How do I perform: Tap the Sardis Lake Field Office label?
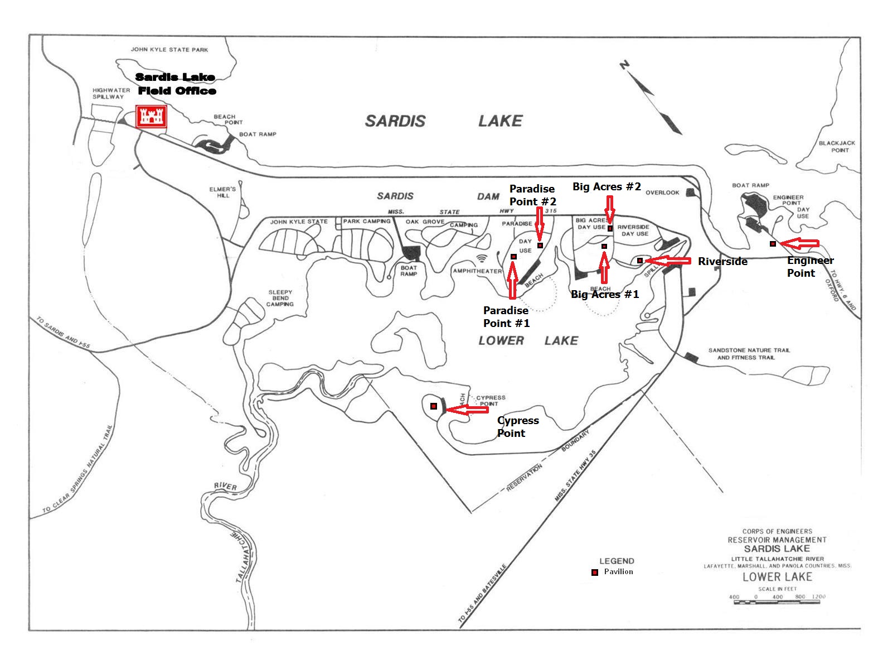tap(176, 84)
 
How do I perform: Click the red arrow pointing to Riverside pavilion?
tap(668, 261)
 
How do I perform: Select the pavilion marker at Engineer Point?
tap(773, 244)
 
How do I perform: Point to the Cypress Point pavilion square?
tap(434, 407)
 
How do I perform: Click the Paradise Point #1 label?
tap(506, 316)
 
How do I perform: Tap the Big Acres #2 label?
tap(607, 187)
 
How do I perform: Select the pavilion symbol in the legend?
tap(595, 573)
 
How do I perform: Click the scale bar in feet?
tap(777, 598)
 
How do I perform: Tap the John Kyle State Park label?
tap(169, 50)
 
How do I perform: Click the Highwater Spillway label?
tap(110, 93)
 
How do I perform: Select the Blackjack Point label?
tap(837, 146)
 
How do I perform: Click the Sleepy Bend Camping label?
tap(280, 298)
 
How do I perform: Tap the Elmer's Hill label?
tap(223, 192)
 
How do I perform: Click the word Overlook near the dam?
tap(662, 193)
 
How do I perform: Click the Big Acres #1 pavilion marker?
tap(604, 246)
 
